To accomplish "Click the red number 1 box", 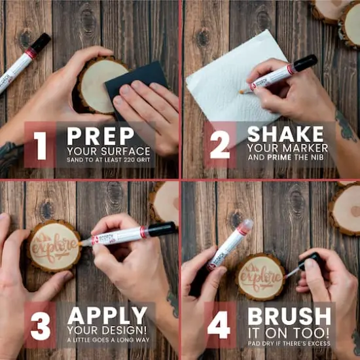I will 41,145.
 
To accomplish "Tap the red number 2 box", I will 219,145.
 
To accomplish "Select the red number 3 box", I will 41,325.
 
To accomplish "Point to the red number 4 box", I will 219,325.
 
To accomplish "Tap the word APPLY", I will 108,316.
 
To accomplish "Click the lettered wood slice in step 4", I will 259,276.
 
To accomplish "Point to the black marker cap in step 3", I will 162,229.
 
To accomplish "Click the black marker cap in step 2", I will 304,63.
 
